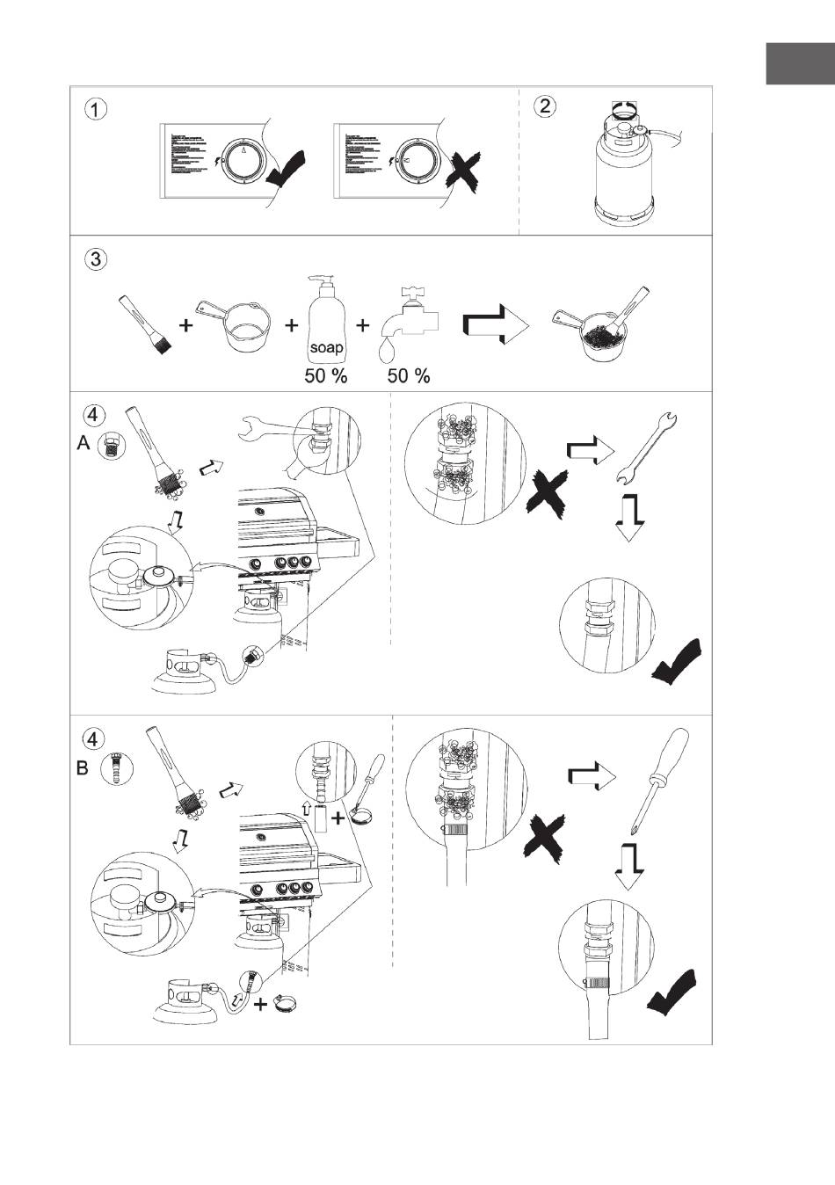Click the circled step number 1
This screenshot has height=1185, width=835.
coord(96,109)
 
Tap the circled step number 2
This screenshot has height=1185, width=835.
coord(546,106)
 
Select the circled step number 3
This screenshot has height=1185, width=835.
coord(96,260)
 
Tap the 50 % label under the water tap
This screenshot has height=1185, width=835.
coord(409,376)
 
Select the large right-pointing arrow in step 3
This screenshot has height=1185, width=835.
coord(496,328)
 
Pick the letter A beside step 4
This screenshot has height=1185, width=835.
coord(83,445)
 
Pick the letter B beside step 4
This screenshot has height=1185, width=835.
coord(83,768)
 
